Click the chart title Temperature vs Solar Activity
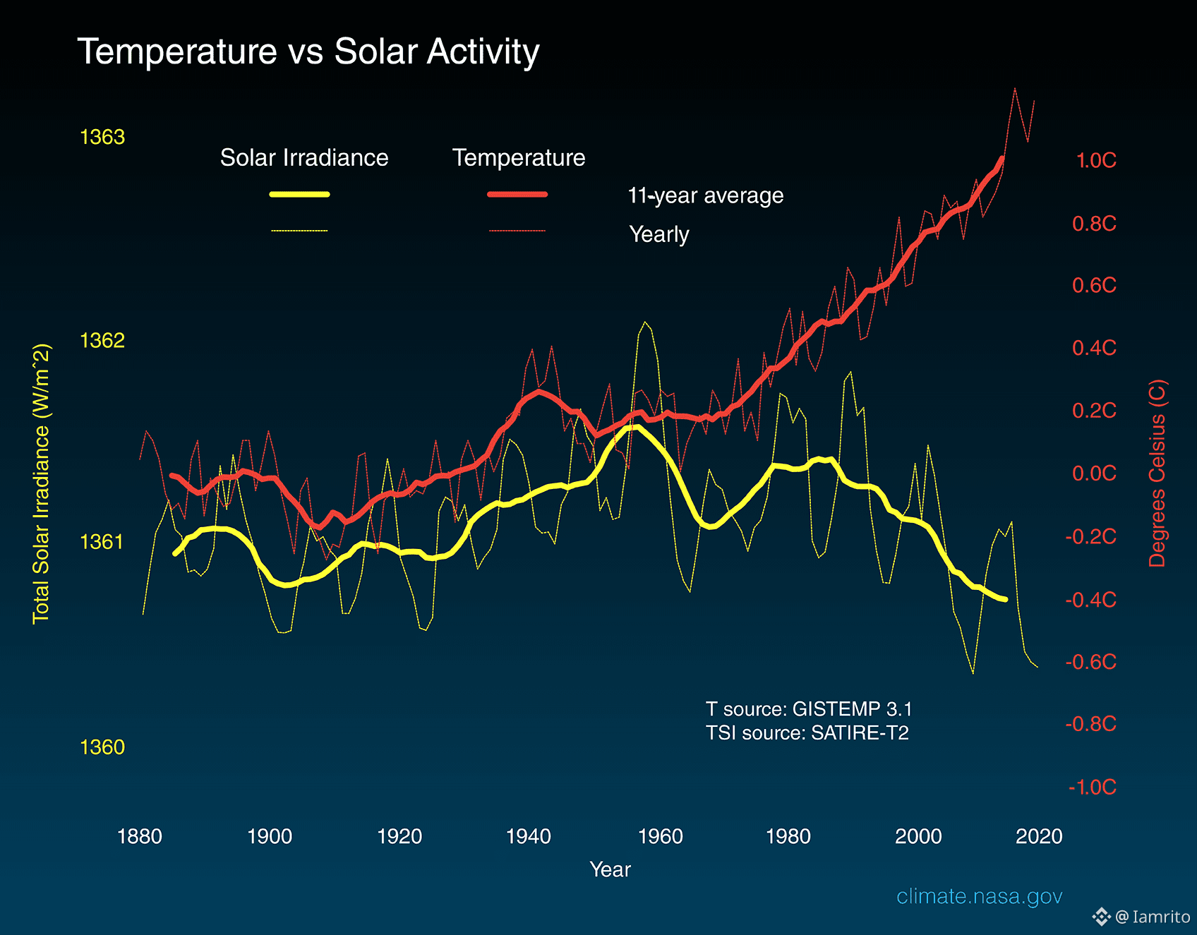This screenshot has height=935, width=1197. coord(308,52)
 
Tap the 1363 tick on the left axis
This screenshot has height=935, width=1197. coord(102,137)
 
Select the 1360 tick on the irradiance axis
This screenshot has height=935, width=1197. coord(102,747)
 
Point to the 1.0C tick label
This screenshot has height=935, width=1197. coord(1095,161)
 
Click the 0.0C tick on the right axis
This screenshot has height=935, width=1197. coord(1094,473)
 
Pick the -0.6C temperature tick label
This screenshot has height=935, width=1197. coord(1091,662)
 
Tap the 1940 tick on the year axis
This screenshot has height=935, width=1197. coord(528,836)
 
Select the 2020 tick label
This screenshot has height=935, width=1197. coord(1039,836)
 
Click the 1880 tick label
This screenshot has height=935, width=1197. coord(140,836)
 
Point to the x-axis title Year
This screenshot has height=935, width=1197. coord(610,869)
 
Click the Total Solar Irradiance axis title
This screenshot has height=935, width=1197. coord(42,484)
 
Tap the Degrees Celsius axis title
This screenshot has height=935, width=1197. coord(1157,473)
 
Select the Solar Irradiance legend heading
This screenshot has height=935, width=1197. coord(304,157)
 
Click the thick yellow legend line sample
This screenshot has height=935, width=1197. coord(300,194)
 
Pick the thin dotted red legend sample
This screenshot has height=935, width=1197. coord(517,231)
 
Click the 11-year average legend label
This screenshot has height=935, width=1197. coord(706,195)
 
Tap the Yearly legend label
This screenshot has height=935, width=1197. coord(659,234)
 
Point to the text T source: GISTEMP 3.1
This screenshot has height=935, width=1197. coord(809,708)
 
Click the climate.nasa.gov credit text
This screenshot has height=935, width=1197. coord(979,896)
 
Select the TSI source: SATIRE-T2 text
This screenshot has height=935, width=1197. coord(807,733)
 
